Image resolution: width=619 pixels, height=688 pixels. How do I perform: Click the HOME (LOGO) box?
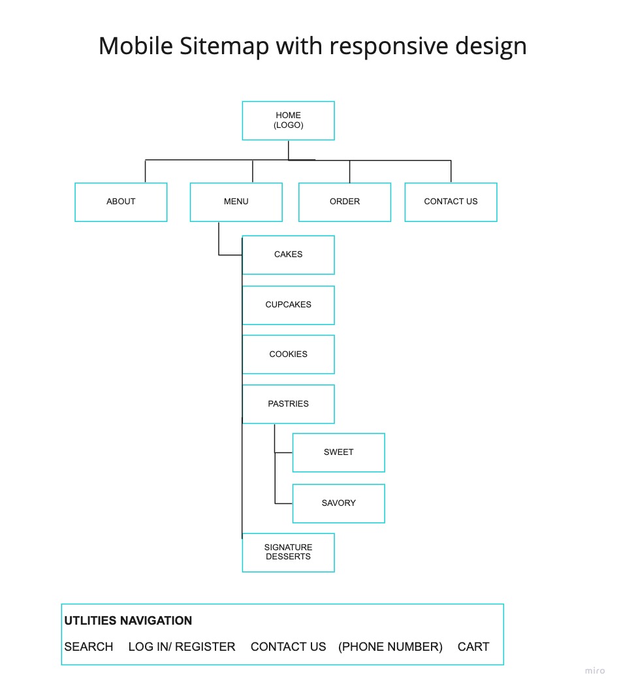(x=288, y=121)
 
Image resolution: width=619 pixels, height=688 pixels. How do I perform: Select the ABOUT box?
(x=121, y=202)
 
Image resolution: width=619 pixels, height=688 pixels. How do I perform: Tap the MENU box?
(x=236, y=202)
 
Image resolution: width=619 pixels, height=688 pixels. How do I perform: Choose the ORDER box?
(x=345, y=202)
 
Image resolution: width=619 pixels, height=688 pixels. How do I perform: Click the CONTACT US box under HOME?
(x=451, y=202)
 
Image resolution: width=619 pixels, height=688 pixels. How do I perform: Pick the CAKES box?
(x=288, y=255)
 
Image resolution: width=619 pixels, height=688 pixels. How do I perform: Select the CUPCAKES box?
(x=288, y=305)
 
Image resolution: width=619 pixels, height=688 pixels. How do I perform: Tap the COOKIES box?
(x=288, y=354)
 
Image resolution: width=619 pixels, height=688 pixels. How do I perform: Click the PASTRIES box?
(x=288, y=404)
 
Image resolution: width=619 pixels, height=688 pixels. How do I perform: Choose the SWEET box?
(x=338, y=452)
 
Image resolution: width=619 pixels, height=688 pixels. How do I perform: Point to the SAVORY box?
(x=338, y=503)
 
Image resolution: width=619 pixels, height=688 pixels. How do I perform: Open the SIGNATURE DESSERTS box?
(x=288, y=552)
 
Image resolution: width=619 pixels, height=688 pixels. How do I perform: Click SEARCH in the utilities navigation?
(x=89, y=647)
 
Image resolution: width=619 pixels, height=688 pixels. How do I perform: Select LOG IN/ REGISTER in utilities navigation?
(x=182, y=647)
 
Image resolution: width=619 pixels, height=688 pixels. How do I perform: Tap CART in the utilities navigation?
(x=473, y=647)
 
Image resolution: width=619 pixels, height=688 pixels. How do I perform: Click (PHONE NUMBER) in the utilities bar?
(x=390, y=647)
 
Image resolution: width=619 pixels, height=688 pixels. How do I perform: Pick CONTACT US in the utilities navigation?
(x=288, y=647)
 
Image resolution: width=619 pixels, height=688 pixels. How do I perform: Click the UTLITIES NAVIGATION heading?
(x=128, y=621)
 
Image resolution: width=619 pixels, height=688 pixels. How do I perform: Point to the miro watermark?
(x=594, y=670)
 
